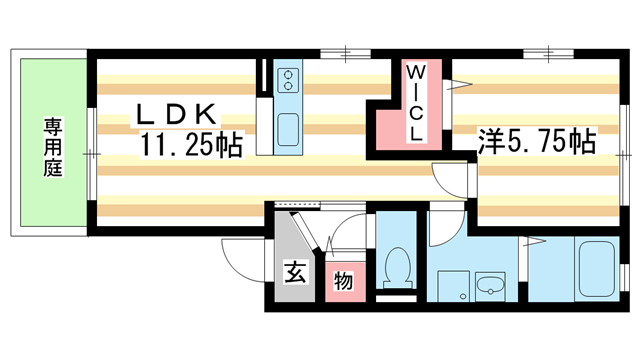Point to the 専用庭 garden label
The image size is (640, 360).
click(51, 147)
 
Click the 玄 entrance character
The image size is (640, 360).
click(296, 271)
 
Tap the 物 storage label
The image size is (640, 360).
click(343, 282)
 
